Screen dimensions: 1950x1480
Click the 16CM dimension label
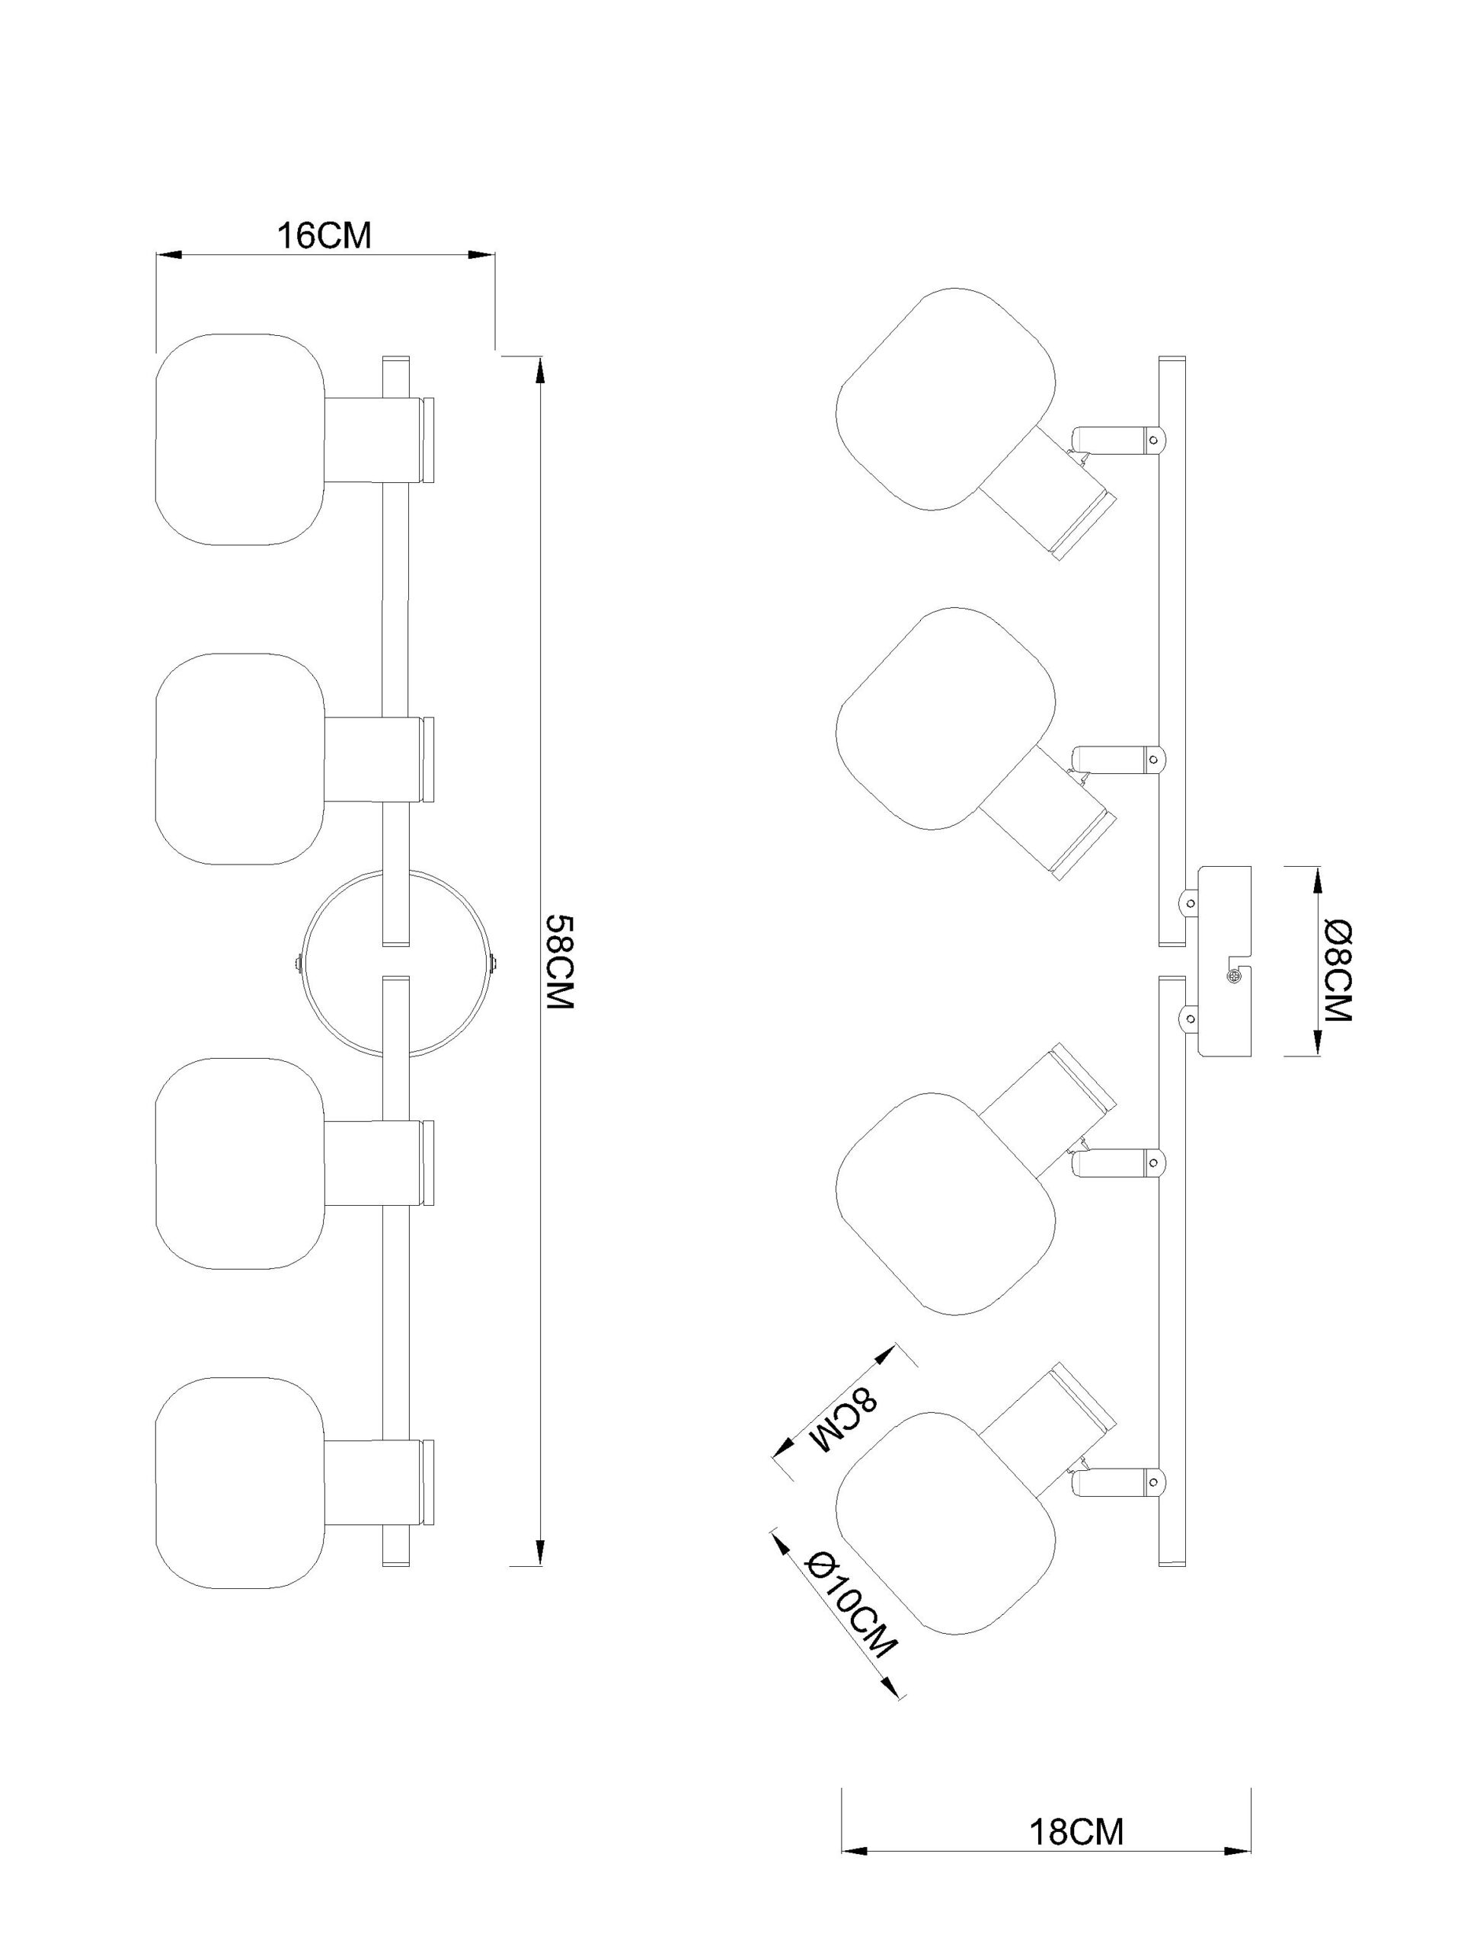point(324,236)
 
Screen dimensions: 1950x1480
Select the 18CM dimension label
point(1076,1808)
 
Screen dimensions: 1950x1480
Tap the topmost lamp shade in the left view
point(241,439)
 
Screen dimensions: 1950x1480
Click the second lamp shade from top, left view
point(241,759)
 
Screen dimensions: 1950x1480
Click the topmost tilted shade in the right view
point(945,398)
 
